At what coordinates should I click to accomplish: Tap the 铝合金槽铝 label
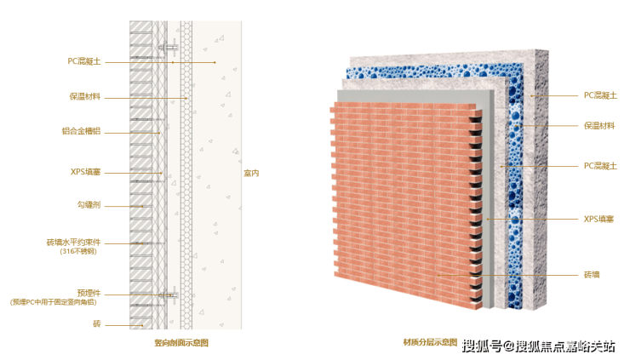[86, 132]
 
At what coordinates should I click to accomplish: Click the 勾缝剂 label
[89, 205]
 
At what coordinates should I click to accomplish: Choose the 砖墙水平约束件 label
[76, 243]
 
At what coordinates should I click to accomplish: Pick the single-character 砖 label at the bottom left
[97, 323]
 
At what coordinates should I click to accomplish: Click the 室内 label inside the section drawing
[251, 173]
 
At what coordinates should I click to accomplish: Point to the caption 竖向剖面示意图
[180, 343]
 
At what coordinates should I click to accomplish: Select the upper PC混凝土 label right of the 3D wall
[599, 95]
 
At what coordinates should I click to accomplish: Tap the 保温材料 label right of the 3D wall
[599, 125]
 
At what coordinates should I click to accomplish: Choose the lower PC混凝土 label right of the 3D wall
[599, 166]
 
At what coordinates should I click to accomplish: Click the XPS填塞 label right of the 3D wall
[599, 219]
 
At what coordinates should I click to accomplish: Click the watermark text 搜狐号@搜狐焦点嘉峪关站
[538, 346]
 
